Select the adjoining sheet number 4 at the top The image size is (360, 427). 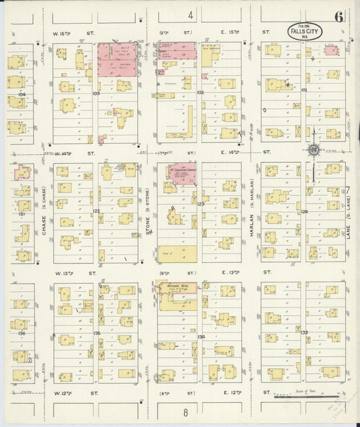pyautogui.click(x=191, y=15)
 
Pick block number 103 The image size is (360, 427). pyautogui.click(x=96, y=93)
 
